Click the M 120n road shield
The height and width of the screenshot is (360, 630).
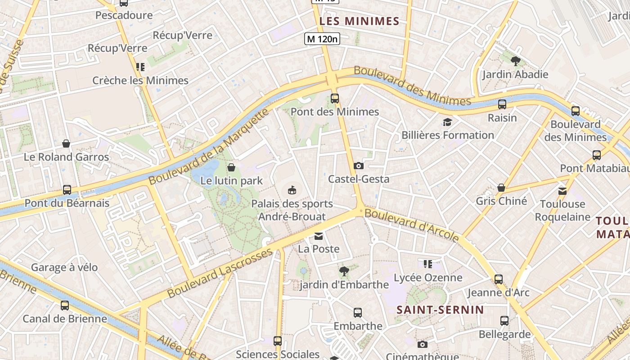322,39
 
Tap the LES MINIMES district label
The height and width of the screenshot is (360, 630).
360,21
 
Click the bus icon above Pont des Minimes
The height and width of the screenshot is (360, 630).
334,98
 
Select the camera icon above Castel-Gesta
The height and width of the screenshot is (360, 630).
358,166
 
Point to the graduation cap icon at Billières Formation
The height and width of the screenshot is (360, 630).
447,122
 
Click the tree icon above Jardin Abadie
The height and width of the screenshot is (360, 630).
515,61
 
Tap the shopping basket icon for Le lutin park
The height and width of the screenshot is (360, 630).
231,167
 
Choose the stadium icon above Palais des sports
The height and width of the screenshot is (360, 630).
292,190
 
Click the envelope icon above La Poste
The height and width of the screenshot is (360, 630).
319,236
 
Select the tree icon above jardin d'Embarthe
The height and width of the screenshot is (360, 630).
344,271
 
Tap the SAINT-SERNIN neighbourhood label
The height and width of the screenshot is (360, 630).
440,310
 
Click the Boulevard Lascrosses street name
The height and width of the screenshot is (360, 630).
220,273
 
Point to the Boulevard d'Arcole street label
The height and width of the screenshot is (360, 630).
412,225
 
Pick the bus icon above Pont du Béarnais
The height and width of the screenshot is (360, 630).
67,189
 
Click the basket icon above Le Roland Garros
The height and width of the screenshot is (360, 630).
66,144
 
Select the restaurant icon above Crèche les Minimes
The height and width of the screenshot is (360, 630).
140,67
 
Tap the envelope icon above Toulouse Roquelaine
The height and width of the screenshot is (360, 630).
562,191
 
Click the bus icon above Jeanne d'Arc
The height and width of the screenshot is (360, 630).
498,279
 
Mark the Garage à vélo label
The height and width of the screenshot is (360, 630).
64,267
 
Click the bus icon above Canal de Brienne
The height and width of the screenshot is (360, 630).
65,305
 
